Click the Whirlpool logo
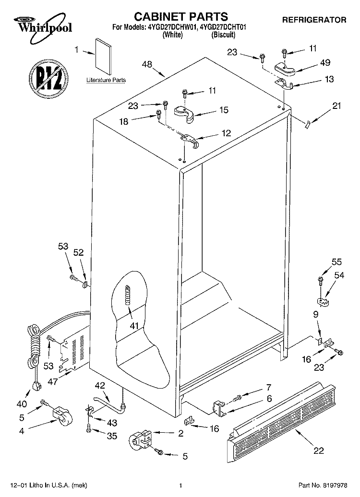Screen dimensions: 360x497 click(x=43, y=28)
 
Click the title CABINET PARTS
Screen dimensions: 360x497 click(x=181, y=16)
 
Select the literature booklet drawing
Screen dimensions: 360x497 click(x=103, y=57)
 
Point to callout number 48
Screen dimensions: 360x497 click(x=147, y=64)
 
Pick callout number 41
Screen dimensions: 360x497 click(x=134, y=326)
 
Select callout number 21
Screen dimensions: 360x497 click(x=336, y=106)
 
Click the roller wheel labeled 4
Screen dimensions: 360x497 click(x=62, y=415)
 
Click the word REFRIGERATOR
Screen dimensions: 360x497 click(x=314, y=20)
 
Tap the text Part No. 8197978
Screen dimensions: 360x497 click(x=323, y=485)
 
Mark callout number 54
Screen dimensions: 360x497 click(x=339, y=275)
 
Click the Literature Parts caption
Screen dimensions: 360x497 click(x=106, y=80)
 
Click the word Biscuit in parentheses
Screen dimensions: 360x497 click(x=223, y=35)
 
